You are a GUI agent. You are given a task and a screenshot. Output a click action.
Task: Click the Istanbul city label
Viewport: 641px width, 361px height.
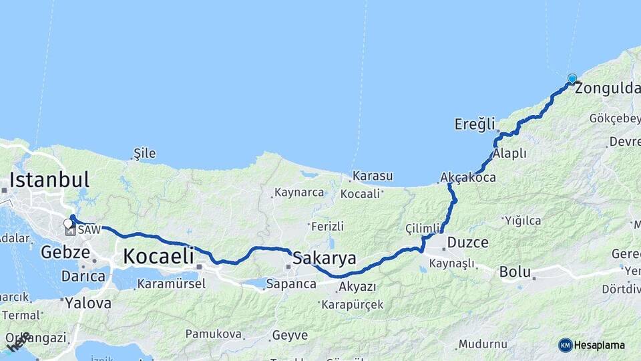click(49, 180)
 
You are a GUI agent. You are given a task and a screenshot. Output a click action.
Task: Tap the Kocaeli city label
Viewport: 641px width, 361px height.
click(158, 255)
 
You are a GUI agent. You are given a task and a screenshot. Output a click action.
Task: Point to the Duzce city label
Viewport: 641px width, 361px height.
click(468, 242)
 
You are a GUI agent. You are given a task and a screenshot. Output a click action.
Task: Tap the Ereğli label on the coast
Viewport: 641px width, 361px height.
click(475, 124)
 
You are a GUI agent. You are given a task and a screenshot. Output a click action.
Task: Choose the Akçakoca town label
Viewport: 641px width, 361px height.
click(468, 178)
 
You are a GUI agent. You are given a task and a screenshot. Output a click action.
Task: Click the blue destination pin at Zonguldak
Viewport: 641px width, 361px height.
click(572, 79)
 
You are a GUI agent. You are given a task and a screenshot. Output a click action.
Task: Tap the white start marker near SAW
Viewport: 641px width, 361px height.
click(67, 223)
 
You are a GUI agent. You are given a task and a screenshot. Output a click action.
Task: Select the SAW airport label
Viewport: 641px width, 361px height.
click(89, 230)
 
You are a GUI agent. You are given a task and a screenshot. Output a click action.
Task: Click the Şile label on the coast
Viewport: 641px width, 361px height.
click(145, 153)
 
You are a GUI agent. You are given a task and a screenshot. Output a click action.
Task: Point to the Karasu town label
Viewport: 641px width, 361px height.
click(373, 176)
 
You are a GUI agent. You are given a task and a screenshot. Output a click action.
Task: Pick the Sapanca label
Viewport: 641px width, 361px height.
click(291, 284)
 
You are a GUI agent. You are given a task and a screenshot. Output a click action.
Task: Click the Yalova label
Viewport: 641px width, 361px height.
click(87, 303)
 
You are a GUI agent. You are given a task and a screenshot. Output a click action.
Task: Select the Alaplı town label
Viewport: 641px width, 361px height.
click(509, 154)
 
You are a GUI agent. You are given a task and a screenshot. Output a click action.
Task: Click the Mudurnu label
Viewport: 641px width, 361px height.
click(483, 344)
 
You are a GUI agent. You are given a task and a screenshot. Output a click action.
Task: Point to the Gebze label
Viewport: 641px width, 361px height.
click(65, 252)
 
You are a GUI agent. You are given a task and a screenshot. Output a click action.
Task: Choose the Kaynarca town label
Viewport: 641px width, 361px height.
click(298, 193)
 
